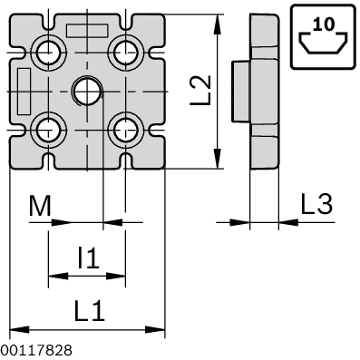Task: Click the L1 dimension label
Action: click(89, 312)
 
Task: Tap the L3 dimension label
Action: click(316, 205)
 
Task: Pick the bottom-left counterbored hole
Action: click(47, 129)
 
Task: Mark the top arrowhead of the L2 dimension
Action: click(217, 20)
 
